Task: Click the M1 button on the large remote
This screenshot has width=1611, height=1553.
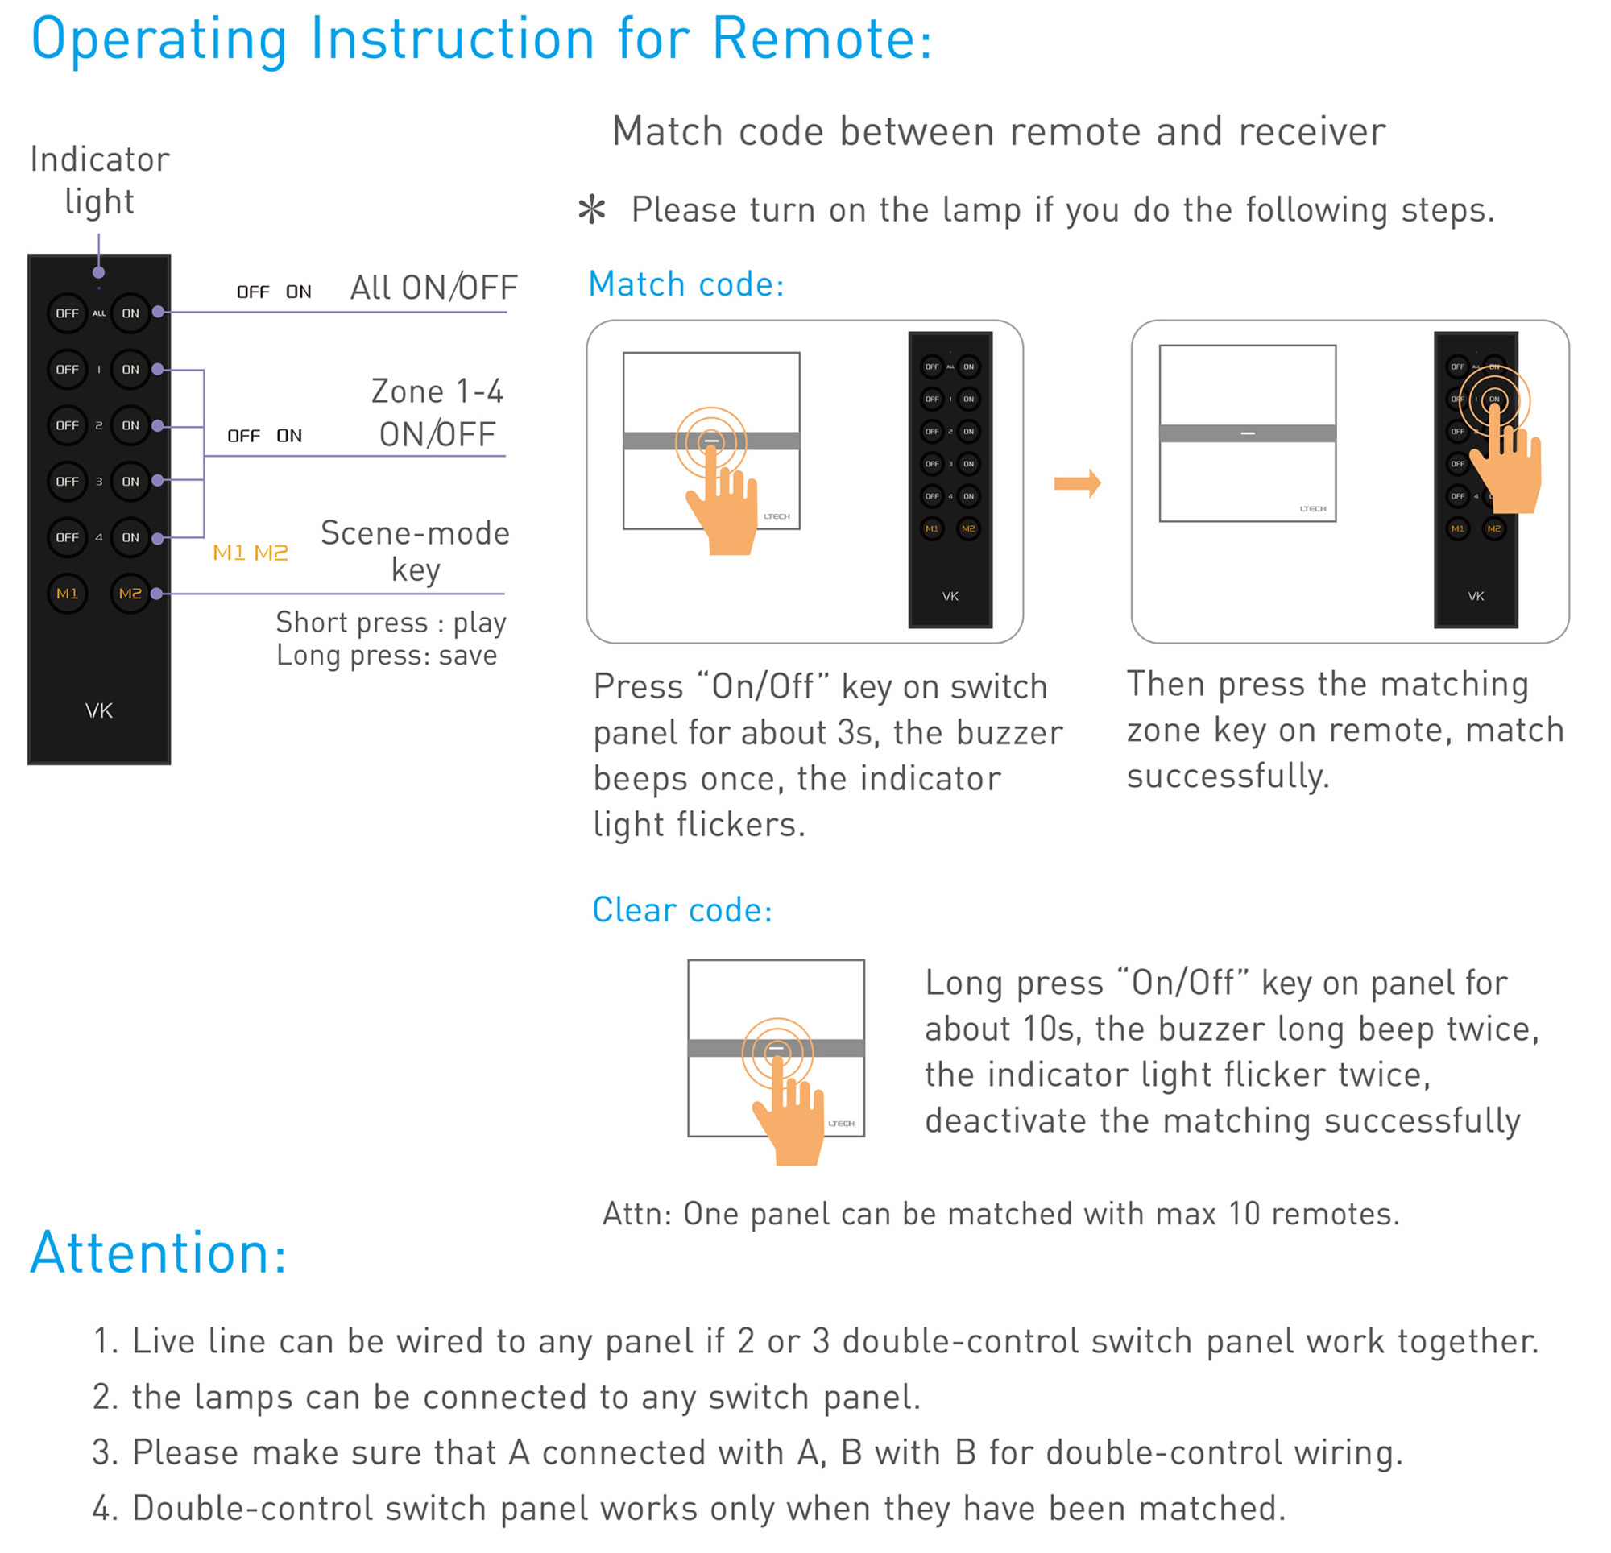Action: (68, 594)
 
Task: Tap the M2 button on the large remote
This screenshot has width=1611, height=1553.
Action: (130, 594)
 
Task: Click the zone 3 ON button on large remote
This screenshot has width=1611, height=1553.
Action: (130, 482)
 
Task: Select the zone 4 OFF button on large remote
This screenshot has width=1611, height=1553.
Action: (68, 538)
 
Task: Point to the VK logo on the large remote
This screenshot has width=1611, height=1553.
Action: (98, 711)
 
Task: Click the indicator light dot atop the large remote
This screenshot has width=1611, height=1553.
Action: (98, 273)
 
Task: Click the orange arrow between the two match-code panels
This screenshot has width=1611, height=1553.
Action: (1078, 483)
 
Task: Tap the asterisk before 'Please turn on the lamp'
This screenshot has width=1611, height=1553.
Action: (592, 210)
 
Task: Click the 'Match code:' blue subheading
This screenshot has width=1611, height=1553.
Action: (686, 284)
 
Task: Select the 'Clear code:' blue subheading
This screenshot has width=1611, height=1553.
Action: (682, 910)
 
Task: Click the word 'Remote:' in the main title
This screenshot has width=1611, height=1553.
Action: (822, 39)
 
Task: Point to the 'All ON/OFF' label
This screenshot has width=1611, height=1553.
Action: (433, 288)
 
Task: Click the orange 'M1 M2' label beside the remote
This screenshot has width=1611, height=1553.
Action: (250, 553)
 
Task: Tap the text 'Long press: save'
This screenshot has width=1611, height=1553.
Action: (387, 655)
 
